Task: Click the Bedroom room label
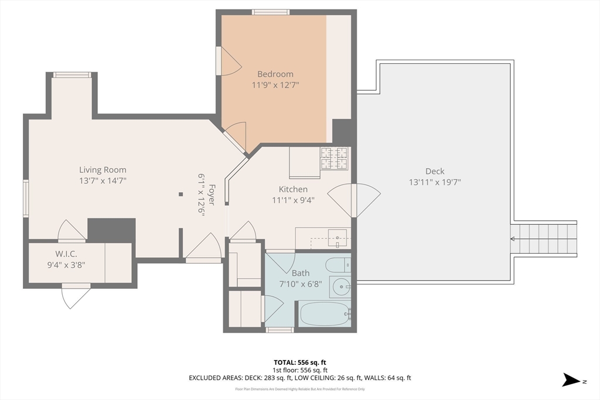275,74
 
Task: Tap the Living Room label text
103,170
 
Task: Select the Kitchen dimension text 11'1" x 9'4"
293,200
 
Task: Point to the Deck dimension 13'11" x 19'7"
435,182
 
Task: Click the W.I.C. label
66,254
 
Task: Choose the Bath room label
301,273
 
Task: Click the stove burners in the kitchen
334,158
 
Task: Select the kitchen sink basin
337,238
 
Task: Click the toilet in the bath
338,265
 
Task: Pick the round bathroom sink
340,286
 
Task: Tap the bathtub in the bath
325,313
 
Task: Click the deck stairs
545,239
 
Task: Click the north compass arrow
571,380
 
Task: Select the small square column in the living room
180,194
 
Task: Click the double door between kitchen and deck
354,201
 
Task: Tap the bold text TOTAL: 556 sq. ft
299,362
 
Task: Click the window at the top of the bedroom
271,12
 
